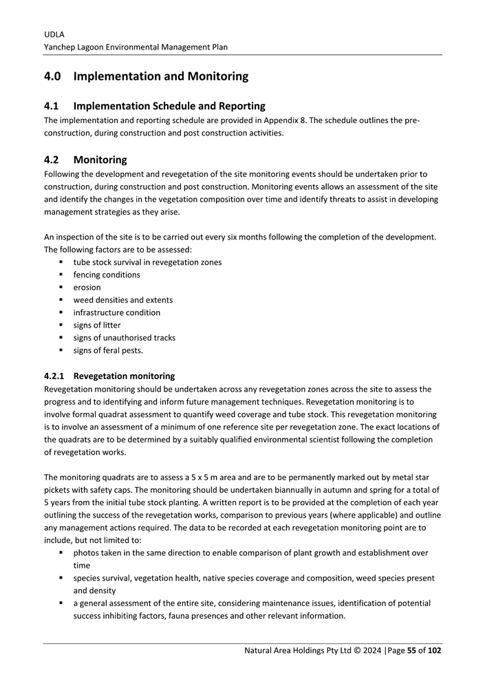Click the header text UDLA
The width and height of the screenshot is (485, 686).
(54, 34)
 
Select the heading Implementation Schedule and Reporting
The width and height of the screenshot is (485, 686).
(169, 106)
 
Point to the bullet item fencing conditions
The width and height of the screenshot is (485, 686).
(107, 275)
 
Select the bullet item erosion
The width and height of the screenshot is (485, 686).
(87, 287)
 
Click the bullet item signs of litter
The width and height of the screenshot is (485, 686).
(97, 325)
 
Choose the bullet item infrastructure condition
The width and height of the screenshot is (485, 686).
(116, 312)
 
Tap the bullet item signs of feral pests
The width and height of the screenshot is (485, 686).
(108, 350)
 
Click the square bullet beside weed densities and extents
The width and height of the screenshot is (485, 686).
(61, 300)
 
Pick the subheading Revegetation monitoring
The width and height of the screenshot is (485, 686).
(124, 376)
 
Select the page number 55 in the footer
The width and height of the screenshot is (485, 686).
(410, 650)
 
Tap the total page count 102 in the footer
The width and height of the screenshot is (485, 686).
(434, 650)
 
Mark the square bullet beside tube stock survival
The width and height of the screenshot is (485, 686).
(61, 262)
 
